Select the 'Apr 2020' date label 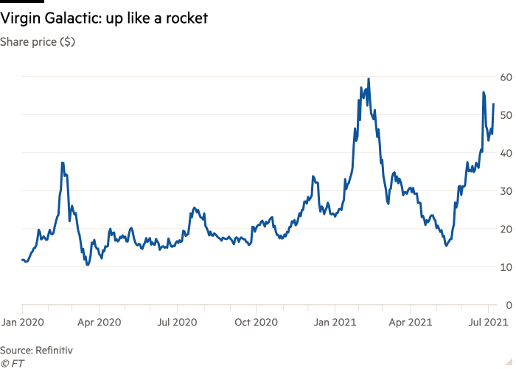tap(100, 322)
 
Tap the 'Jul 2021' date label tap(487, 322)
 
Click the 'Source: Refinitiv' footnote tap(36, 349)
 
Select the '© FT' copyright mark tap(11, 362)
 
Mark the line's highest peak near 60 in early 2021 tap(369, 79)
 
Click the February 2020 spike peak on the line tap(63, 162)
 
